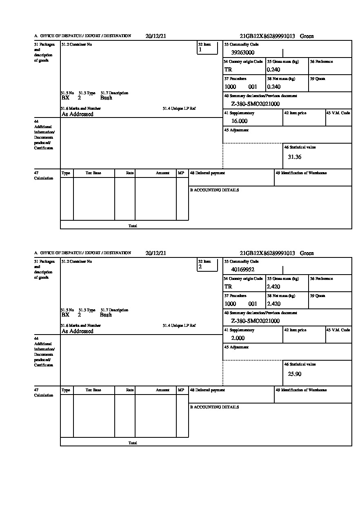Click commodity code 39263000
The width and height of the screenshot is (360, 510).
(x=243, y=52)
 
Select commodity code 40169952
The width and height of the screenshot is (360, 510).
(x=243, y=269)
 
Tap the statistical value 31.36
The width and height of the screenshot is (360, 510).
(x=295, y=157)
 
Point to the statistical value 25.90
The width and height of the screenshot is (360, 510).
(x=295, y=374)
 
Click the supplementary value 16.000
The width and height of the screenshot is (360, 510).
(x=239, y=121)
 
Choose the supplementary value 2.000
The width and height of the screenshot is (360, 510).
(x=238, y=338)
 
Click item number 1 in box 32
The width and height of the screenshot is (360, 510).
(x=200, y=50)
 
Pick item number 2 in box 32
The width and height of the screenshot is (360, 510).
(x=200, y=267)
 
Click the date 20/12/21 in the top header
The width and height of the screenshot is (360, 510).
(x=156, y=36)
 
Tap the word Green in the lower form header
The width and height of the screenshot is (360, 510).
(x=307, y=253)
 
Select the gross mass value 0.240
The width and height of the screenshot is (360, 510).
(x=274, y=70)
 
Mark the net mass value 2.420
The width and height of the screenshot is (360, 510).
(x=274, y=304)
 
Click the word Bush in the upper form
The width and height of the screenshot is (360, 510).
(x=106, y=98)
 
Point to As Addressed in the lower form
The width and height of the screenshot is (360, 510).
(x=78, y=331)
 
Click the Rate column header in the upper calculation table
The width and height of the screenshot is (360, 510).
(x=130, y=173)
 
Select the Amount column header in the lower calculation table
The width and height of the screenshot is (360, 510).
(x=162, y=390)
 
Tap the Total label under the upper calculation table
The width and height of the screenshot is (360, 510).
(x=133, y=226)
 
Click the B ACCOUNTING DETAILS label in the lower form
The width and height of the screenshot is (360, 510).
(x=214, y=407)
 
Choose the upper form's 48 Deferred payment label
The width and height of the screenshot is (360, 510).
(x=207, y=173)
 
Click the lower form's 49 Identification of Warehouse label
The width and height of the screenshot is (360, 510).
(x=301, y=390)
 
